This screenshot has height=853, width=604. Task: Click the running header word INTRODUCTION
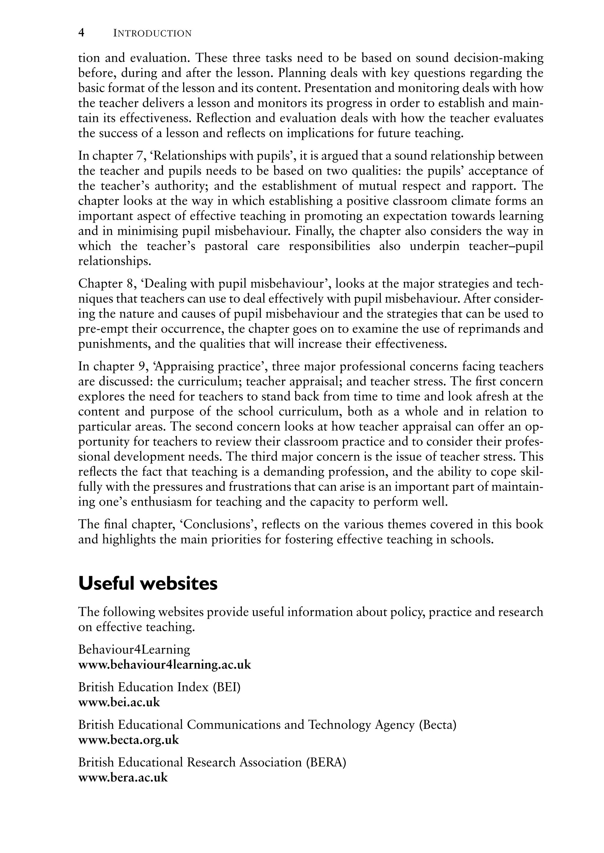click(152, 34)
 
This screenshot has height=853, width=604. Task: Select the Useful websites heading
click(148, 584)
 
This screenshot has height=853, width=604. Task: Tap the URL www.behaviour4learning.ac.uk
click(164, 665)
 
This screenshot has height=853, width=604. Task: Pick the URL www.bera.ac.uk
click(123, 777)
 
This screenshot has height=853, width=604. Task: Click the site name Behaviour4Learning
click(134, 649)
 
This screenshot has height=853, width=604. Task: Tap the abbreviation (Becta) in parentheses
click(437, 725)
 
